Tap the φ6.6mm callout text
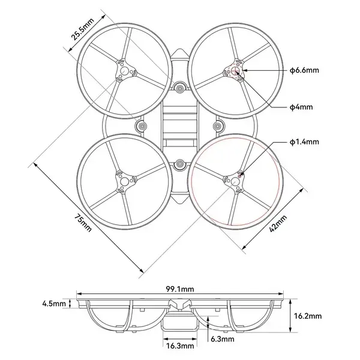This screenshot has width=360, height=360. (x=304, y=71)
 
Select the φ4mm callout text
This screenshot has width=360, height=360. (x=301, y=107)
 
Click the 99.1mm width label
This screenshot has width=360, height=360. (x=180, y=289)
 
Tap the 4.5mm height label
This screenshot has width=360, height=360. (x=54, y=304)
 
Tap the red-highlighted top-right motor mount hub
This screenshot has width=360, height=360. (x=235, y=71)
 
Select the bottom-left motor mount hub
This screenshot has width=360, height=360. (x=125, y=179)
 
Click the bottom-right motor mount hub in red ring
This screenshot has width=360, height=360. (x=235, y=179)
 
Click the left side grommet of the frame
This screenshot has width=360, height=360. (x=142, y=126)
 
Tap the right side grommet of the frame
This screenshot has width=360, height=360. (x=218, y=126)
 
